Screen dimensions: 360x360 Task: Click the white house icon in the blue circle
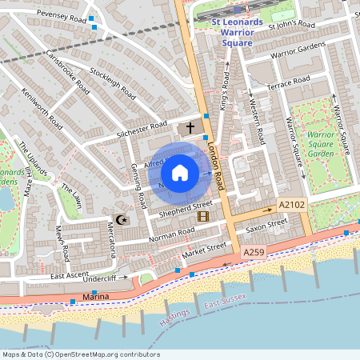pyautogui.click(x=180, y=173)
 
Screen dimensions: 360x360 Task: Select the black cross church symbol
pyautogui.click(x=190, y=127)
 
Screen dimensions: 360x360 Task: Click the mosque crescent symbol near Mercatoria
pyautogui.click(x=122, y=218)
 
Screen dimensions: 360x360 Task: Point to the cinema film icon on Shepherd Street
pyautogui.click(x=202, y=216)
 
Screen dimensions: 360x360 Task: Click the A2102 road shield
pyautogui.click(x=292, y=206)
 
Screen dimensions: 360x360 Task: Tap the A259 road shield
pyautogui.click(x=253, y=253)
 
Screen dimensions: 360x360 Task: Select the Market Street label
pyautogui.click(x=204, y=252)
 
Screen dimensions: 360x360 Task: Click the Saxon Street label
pyautogui.click(x=266, y=227)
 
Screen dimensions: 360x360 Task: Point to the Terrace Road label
pyautogui.click(x=289, y=82)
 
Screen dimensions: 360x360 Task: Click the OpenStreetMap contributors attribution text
pyautogui.click(x=80, y=354)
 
